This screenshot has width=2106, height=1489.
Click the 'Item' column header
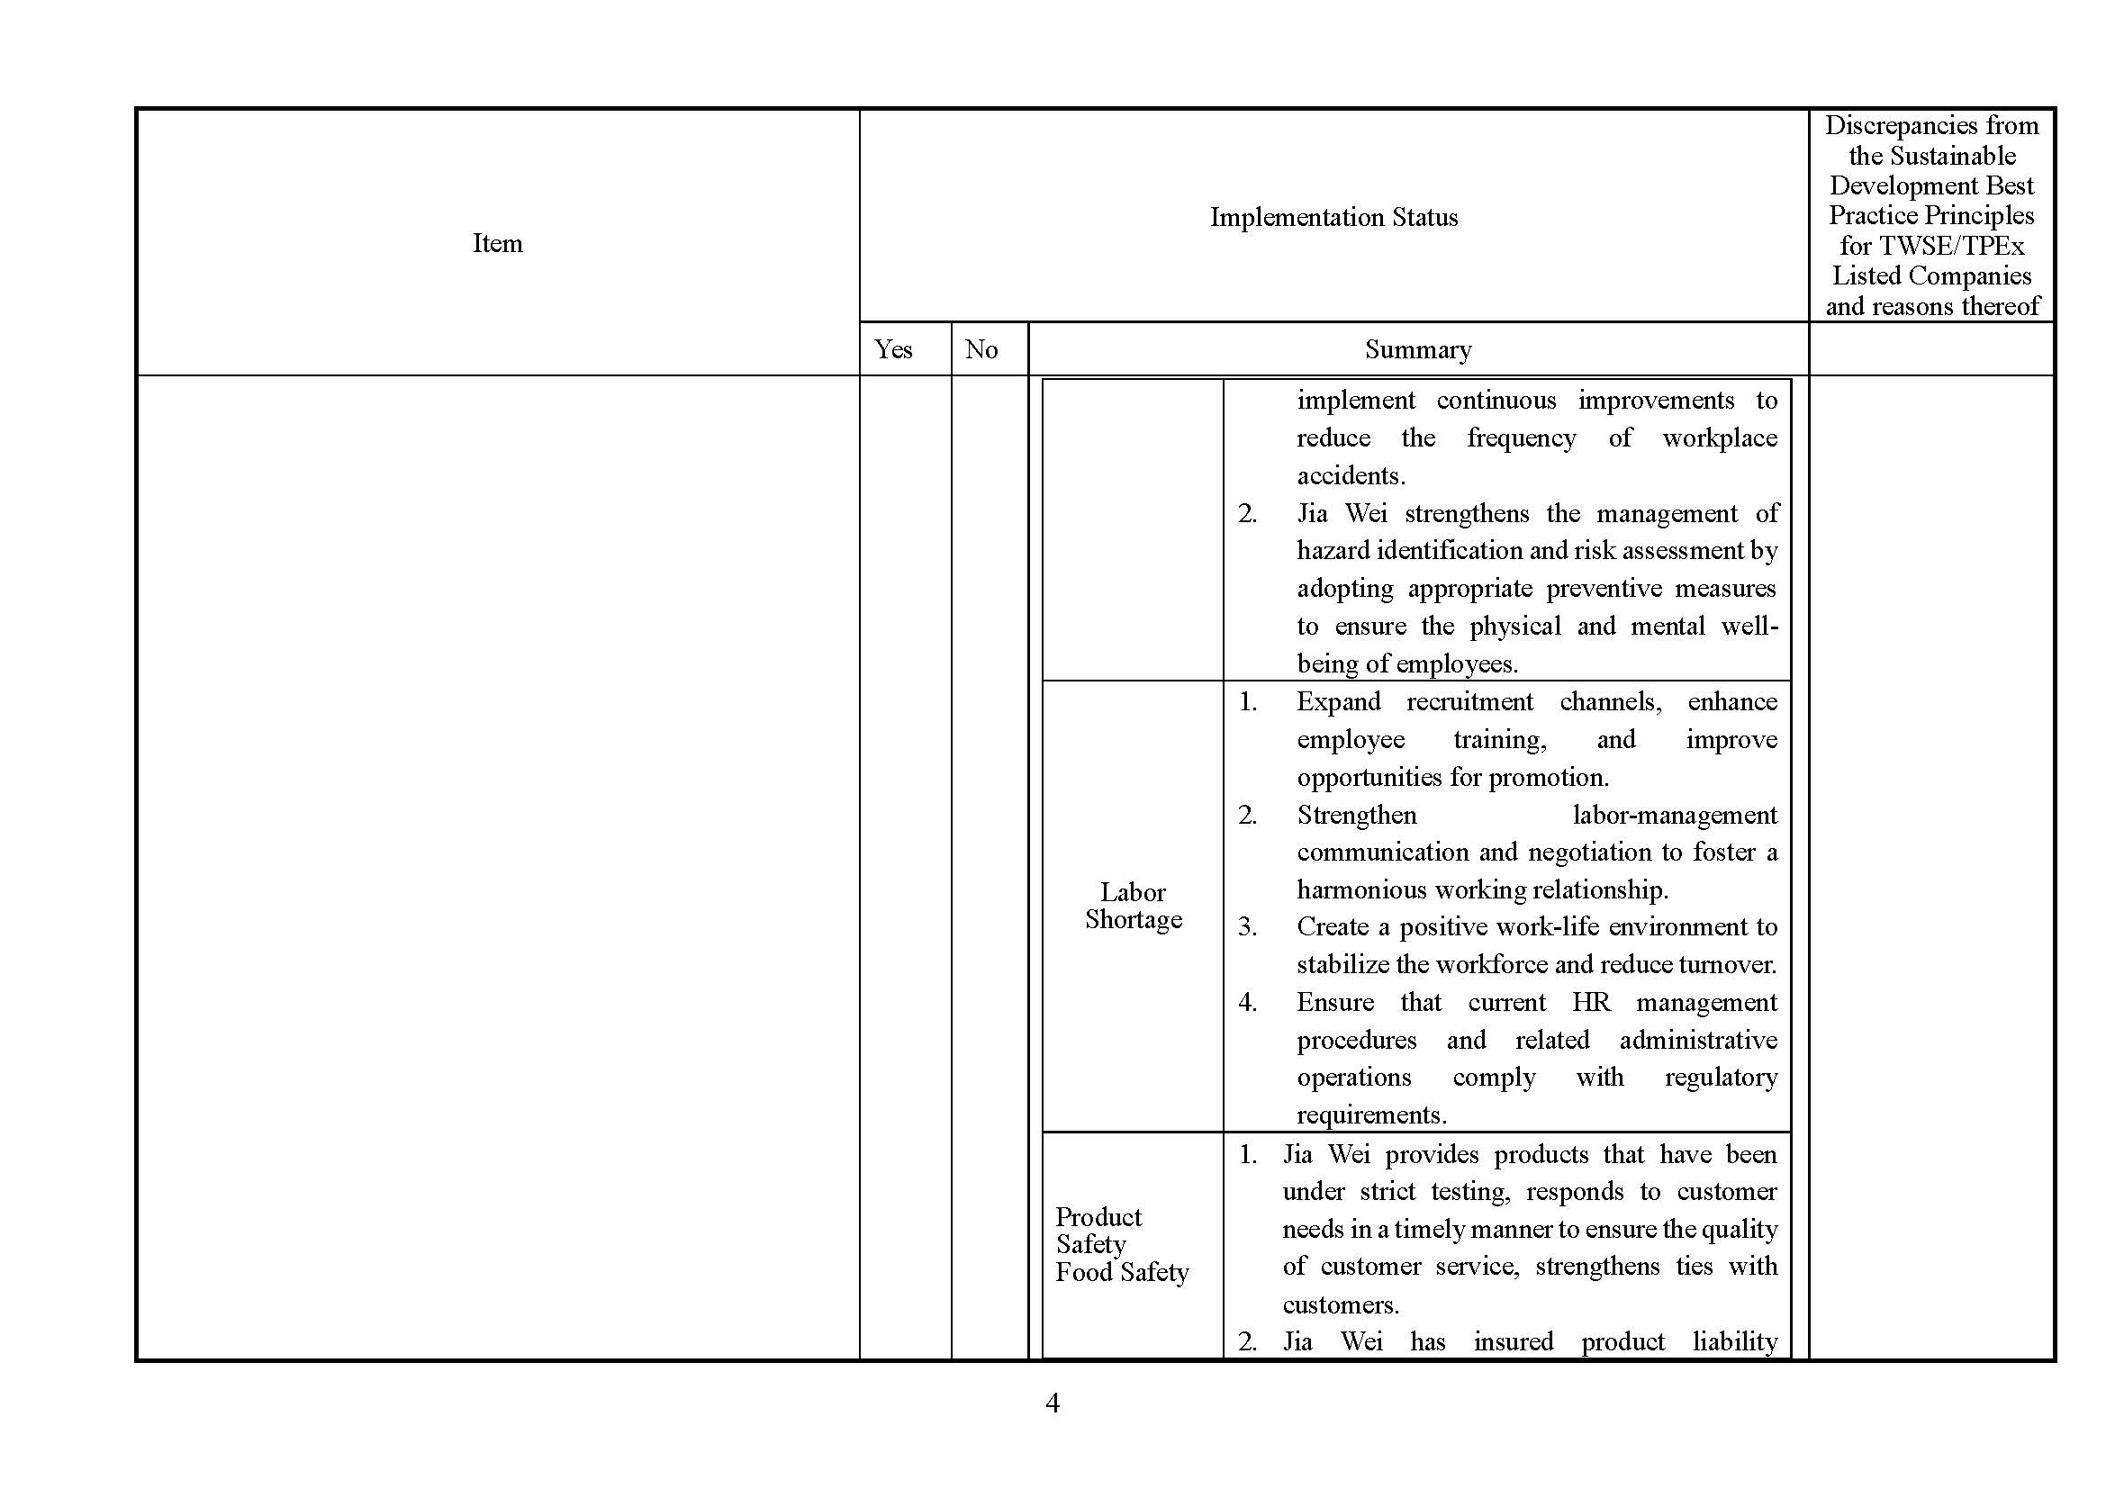(x=497, y=243)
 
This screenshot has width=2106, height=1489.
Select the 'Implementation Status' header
(x=1333, y=217)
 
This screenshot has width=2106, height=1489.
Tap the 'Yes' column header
(x=892, y=349)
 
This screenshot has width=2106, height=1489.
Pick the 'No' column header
(x=981, y=349)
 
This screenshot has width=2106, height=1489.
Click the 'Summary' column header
(x=1417, y=349)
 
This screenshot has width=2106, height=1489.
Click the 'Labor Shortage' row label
(x=1133, y=906)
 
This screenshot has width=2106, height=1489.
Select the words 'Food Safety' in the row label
(x=1122, y=1273)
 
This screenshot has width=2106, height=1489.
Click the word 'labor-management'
(x=1674, y=815)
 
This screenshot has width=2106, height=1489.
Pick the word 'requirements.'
(x=1370, y=1114)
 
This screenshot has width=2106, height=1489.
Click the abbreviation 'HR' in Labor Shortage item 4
(x=1590, y=1002)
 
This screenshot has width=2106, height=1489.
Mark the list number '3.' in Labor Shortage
(x=1247, y=927)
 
